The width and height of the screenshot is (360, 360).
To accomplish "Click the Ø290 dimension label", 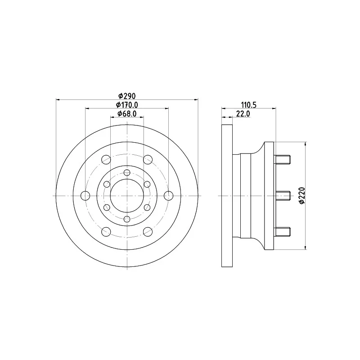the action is (127, 95).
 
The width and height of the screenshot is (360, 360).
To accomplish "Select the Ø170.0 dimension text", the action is (127, 105).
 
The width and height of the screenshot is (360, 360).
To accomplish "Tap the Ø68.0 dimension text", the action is (127, 113).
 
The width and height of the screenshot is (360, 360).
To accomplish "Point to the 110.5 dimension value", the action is (249, 105).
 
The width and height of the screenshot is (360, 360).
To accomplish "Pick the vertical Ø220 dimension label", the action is (302, 195).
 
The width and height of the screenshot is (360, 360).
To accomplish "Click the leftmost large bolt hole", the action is (85, 196).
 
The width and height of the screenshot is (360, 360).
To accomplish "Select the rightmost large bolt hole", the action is (168, 196).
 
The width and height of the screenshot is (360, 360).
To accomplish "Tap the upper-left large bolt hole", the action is (106, 160).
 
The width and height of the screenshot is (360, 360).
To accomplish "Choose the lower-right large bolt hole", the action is (148, 232).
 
